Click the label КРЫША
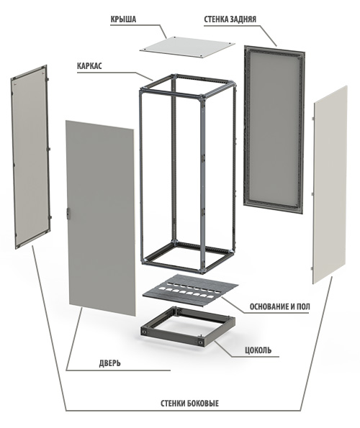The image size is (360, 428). [123, 19]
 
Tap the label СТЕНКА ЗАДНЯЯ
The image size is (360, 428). [230, 19]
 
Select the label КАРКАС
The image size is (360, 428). [89, 66]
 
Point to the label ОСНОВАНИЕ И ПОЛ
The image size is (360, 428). [279, 306]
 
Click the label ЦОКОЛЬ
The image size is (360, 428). [258, 350]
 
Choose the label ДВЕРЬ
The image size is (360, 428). [109, 363]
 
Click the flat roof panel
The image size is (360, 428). [187, 47]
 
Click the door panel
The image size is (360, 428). [101, 218]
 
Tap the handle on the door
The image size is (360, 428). [68, 213]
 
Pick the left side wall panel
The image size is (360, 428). [30, 157]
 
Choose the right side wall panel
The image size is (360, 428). [330, 185]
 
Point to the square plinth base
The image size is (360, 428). [188, 327]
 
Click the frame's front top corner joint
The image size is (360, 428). [202, 97]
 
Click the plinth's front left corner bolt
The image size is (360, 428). [144, 332]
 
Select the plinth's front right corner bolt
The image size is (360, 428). [201, 342]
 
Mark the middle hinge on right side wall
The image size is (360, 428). [312, 194]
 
